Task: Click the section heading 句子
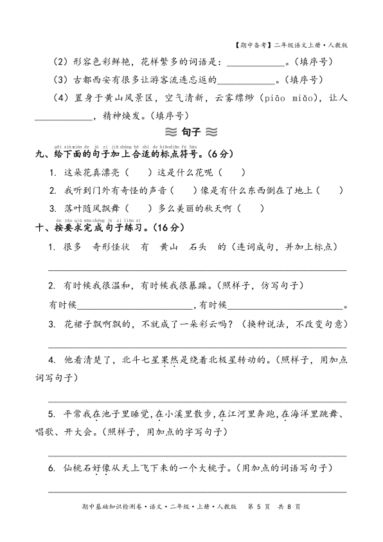191,133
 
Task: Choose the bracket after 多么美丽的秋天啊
251,209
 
